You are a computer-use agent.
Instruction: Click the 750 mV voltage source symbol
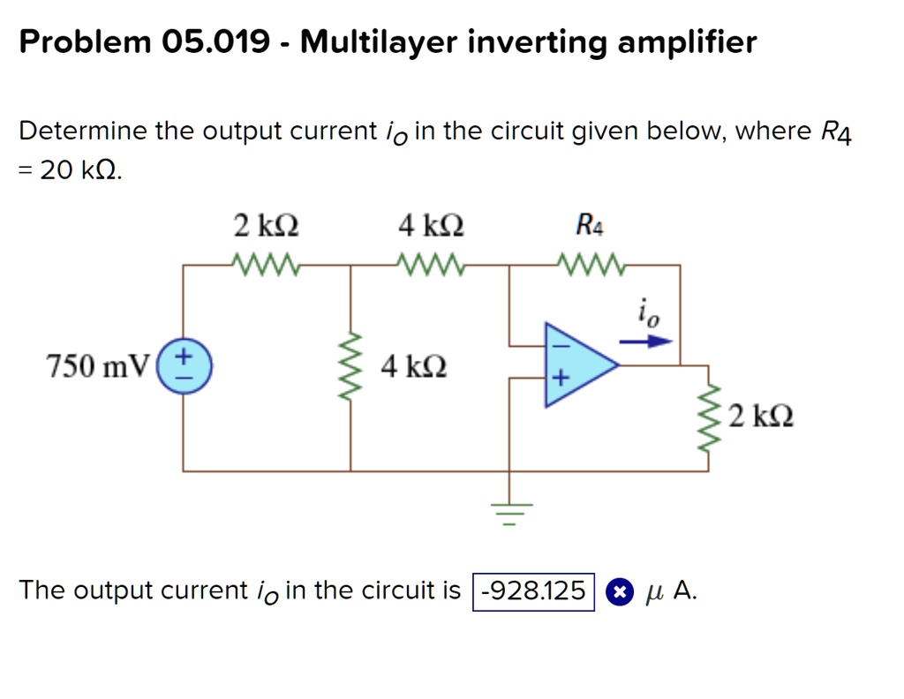[184, 365]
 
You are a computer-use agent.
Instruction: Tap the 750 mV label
[100, 365]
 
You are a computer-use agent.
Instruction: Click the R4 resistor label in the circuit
[591, 226]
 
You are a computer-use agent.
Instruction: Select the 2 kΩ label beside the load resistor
[762, 414]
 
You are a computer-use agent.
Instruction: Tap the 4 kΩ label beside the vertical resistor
[413, 365]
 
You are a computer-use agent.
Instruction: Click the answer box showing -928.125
[534, 590]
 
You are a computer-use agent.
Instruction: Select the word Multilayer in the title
[380, 41]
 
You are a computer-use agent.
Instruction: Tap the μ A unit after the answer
[671, 590]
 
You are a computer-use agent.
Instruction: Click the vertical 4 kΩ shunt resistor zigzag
[351, 365]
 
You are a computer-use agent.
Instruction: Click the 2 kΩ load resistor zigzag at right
[707, 417]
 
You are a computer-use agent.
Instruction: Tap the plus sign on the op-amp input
[557, 380]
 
